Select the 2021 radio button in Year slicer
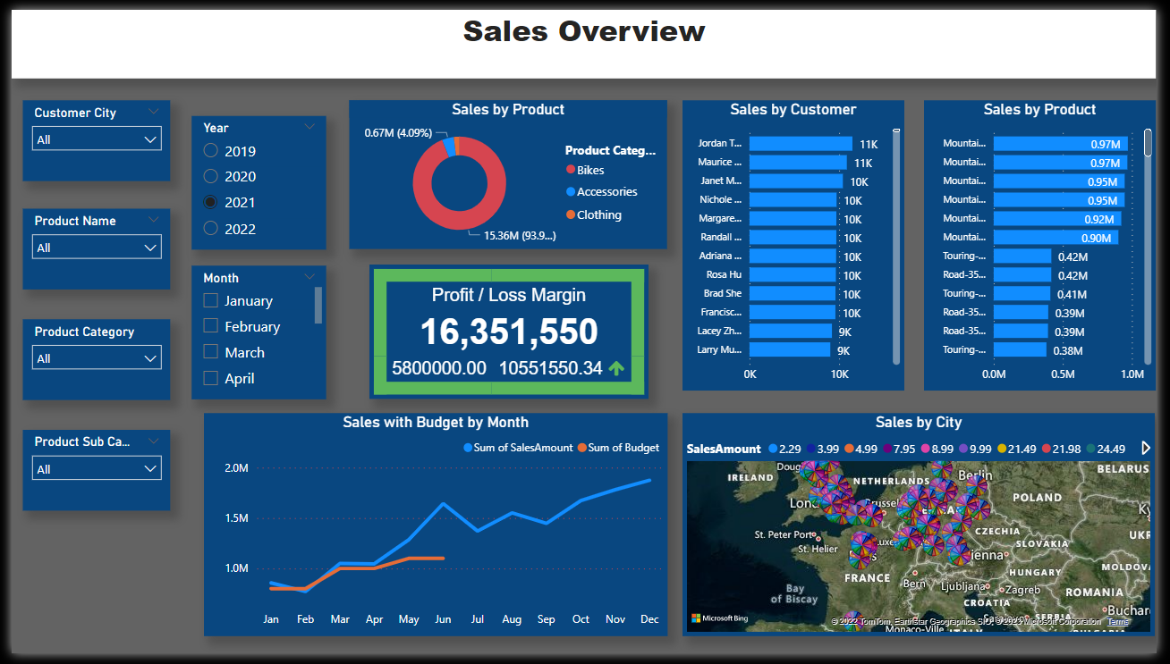211,203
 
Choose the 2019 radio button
211,151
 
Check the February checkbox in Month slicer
211,326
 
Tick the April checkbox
211,378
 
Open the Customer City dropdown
97,139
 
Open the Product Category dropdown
97,358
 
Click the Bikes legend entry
589,170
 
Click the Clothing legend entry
598,214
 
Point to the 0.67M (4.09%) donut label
398,133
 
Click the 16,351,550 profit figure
509,332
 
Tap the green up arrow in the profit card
616,368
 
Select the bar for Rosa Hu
792,275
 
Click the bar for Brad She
792,294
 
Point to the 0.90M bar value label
1096,238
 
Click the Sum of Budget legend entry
623,448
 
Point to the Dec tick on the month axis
649,619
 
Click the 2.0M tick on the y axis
236,468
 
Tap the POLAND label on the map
1038,497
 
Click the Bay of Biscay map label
794,593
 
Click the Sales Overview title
584,31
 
